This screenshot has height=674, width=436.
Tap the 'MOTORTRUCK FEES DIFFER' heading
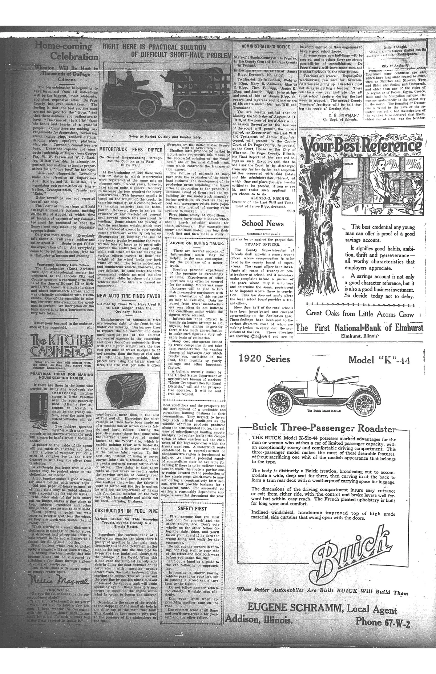(131, 149)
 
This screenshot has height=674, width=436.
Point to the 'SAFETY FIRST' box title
(193, 508)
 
